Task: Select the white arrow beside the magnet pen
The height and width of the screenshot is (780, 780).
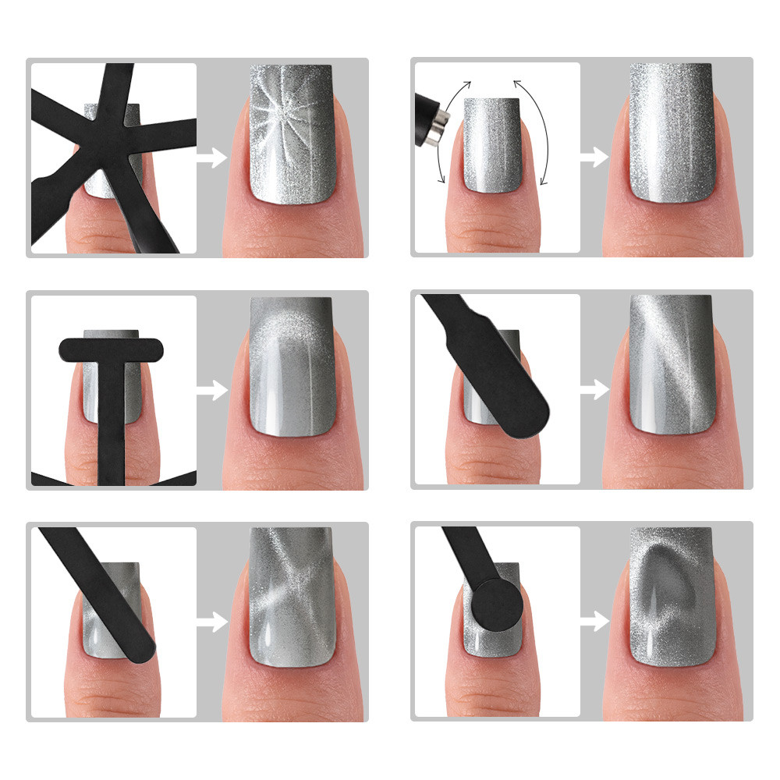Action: coord(594,158)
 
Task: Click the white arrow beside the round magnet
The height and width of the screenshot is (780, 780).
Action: coord(594,621)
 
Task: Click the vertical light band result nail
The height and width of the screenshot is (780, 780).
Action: coord(671,133)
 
